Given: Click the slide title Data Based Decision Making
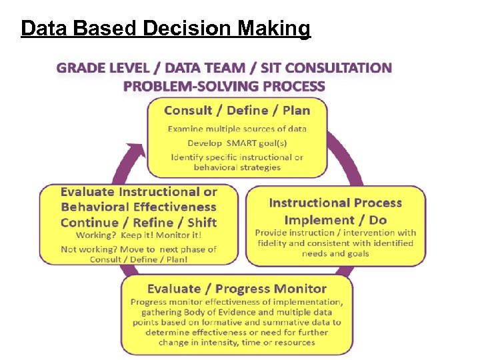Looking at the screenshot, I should (x=165, y=29).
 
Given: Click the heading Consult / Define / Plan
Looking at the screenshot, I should (x=237, y=110).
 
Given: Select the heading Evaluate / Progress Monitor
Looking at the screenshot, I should (x=237, y=289).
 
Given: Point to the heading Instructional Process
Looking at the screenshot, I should (x=335, y=203).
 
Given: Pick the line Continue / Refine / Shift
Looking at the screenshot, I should (x=139, y=223).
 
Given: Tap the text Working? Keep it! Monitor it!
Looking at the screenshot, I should (x=139, y=235).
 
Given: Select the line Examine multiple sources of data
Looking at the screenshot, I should (x=237, y=129).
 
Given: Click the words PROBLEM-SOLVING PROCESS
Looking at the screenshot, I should (x=224, y=86).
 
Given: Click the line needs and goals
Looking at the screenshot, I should (x=335, y=253).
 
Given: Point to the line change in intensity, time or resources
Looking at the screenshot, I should (x=237, y=343).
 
